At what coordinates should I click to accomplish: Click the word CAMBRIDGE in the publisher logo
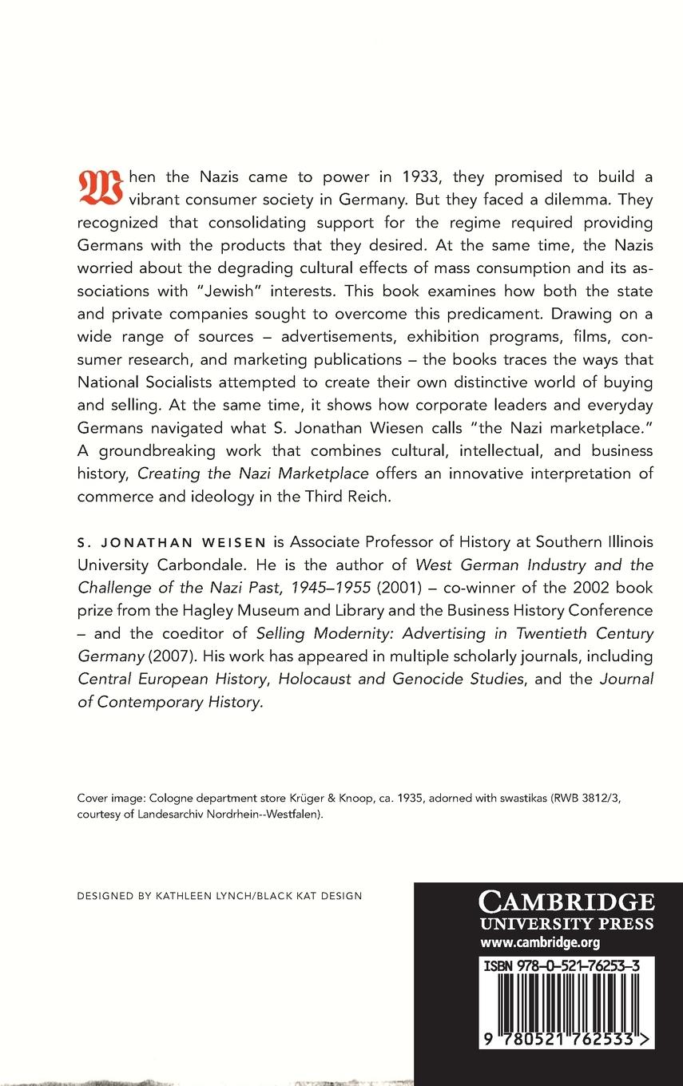(x=566, y=903)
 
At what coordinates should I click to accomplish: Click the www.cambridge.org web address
(x=530, y=942)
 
